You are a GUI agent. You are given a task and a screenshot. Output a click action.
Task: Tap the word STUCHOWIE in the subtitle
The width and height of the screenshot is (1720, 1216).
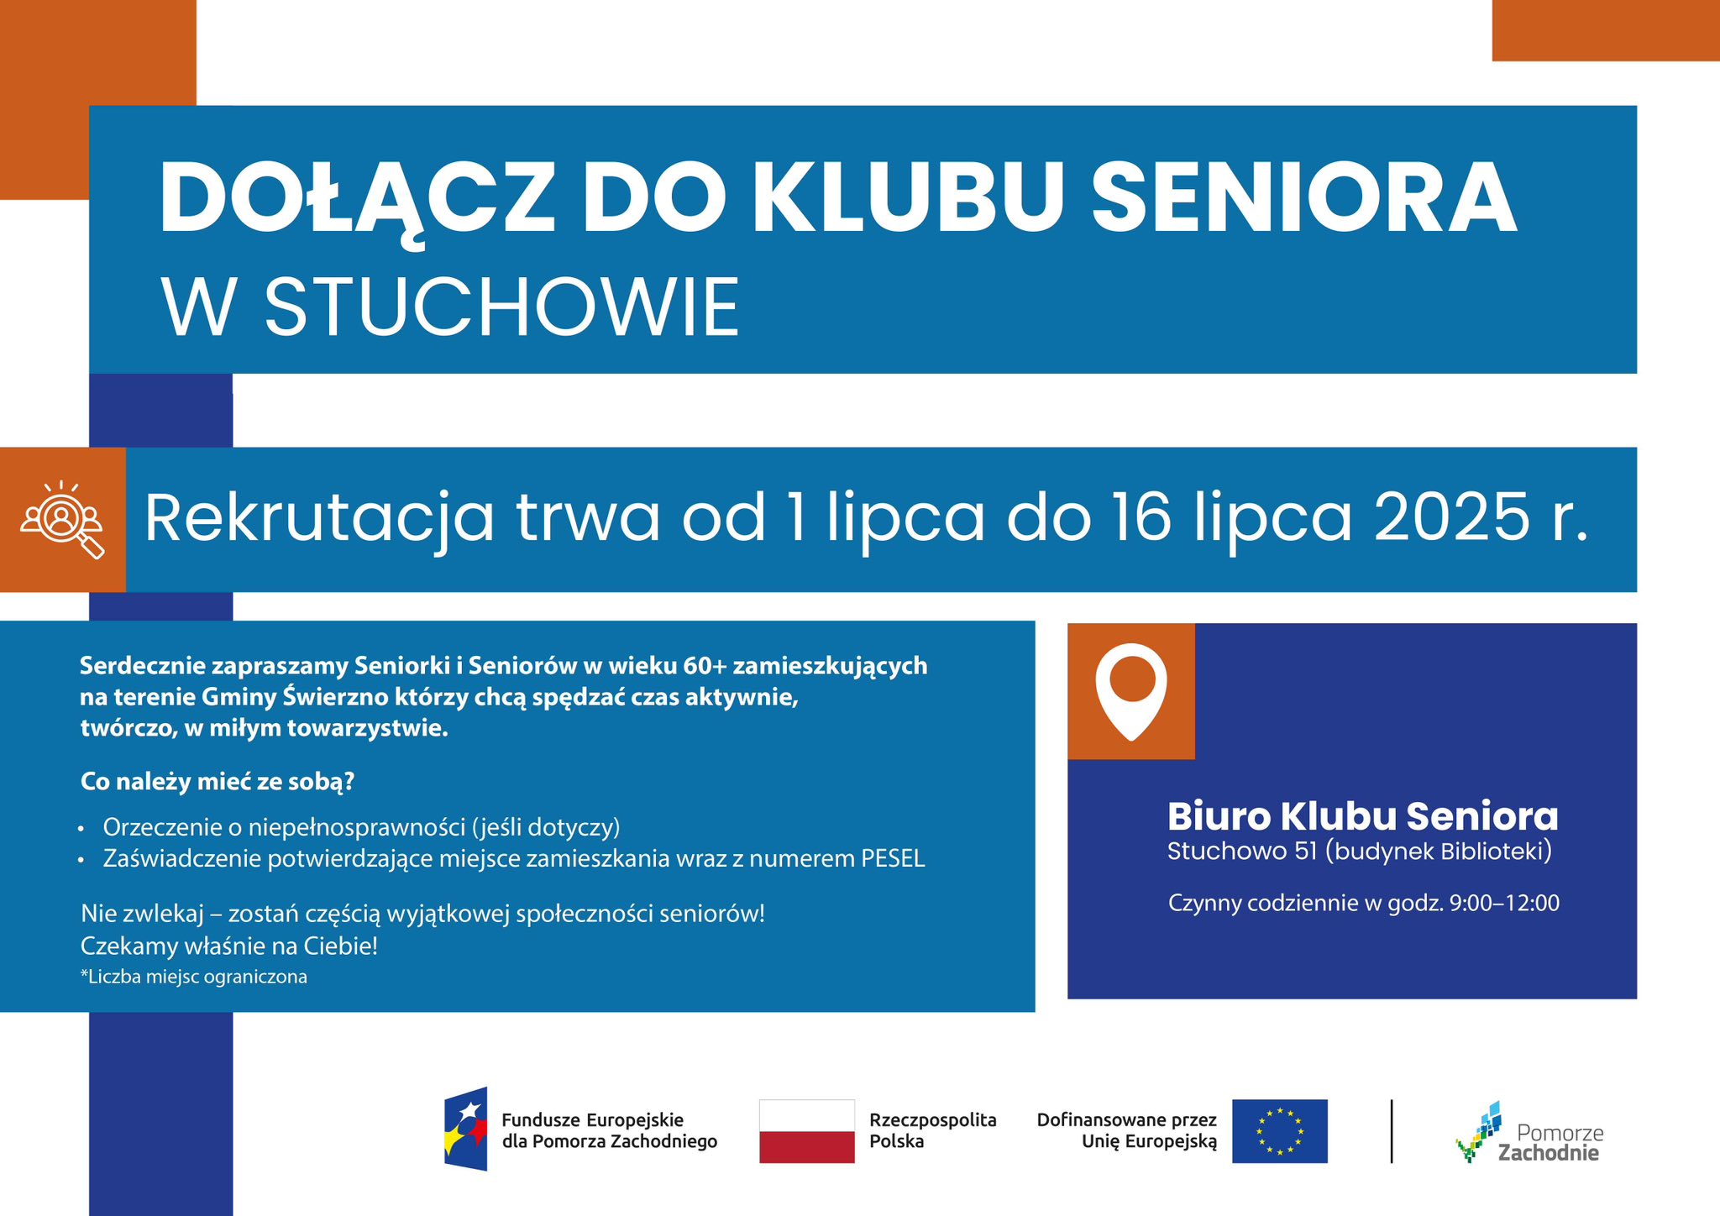click(x=501, y=307)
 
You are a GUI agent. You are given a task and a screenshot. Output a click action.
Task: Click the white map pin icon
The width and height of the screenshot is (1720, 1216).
click(x=1131, y=691)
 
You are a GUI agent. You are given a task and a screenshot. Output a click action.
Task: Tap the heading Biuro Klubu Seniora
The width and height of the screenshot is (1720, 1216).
click(x=1362, y=816)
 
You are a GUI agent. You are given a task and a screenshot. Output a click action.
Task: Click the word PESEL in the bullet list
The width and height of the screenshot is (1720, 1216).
click(x=893, y=859)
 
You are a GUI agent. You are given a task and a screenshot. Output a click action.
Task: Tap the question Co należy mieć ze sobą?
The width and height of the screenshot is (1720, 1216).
click(x=218, y=783)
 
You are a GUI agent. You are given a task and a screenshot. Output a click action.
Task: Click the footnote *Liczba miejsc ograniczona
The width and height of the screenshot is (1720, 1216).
click(x=194, y=977)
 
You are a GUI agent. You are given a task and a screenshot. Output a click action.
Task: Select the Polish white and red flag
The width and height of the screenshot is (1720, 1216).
click(x=806, y=1131)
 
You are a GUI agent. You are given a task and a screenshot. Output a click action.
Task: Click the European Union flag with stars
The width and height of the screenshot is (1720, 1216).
click(x=1279, y=1131)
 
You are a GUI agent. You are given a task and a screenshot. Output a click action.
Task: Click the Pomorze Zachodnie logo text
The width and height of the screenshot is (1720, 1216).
click(x=1550, y=1143)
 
